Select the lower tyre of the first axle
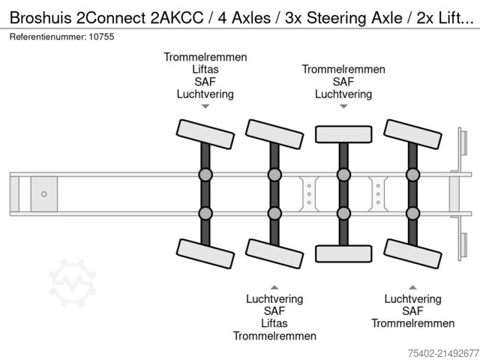pyautogui.click(x=205, y=253)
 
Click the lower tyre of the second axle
pyautogui.click(x=274, y=253)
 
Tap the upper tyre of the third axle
pyautogui.click(x=343, y=134)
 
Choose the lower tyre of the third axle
pyautogui.click(x=343, y=253)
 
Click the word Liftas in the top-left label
pyautogui.click(x=205, y=70)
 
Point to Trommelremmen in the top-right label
pyautogui.click(x=343, y=70)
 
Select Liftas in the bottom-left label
pyautogui.click(x=274, y=323)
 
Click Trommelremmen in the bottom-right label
pyautogui.click(x=412, y=323)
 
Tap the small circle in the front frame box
pyautogui.click(x=43, y=194)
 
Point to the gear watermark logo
pyautogui.click(x=73, y=283)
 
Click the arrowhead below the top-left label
pyautogui.click(x=205, y=107)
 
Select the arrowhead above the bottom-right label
pyautogui.click(x=412, y=286)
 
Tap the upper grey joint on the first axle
pyautogui.click(x=205, y=175)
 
